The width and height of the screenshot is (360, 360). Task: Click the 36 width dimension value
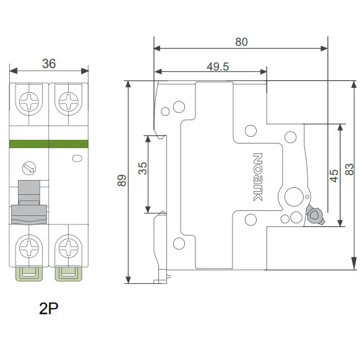pyautogui.click(x=49, y=64)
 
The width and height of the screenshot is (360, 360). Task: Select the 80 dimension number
pyautogui.click(x=241, y=42)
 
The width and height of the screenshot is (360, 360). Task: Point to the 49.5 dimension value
pyautogui.click(x=218, y=67)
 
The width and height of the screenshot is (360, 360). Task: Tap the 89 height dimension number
pyautogui.click(x=122, y=180)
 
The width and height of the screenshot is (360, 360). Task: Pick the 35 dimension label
pyautogui.click(x=142, y=168)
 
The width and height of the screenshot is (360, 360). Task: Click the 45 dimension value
pyautogui.click(x=334, y=176)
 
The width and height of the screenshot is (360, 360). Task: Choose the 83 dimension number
pyautogui.click(x=349, y=169)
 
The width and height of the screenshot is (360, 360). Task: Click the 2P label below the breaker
pyautogui.click(x=49, y=308)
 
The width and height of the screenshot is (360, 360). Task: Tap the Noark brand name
pyautogui.click(x=258, y=177)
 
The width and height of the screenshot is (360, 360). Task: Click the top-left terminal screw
pyautogui.click(x=29, y=101)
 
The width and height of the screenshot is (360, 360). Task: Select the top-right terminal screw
pyautogui.click(x=69, y=101)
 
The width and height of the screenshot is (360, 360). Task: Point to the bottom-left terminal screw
pyautogui.click(x=29, y=248)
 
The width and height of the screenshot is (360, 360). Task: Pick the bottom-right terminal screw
pyautogui.click(x=69, y=248)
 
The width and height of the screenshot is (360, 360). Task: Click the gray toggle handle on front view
pyautogui.click(x=29, y=202)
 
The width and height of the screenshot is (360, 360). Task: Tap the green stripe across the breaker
pyautogui.click(x=49, y=144)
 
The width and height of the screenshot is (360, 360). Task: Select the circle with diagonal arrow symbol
pyautogui.click(x=29, y=168)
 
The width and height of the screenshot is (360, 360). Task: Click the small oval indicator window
pyautogui.click(x=77, y=158)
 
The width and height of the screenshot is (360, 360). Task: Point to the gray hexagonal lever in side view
pyautogui.click(x=315, y=215)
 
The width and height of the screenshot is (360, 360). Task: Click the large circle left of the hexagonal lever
pyautogui.click(x=294, y=197)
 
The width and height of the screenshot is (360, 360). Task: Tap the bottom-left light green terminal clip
pyautogui.click(x=29, y=274)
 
